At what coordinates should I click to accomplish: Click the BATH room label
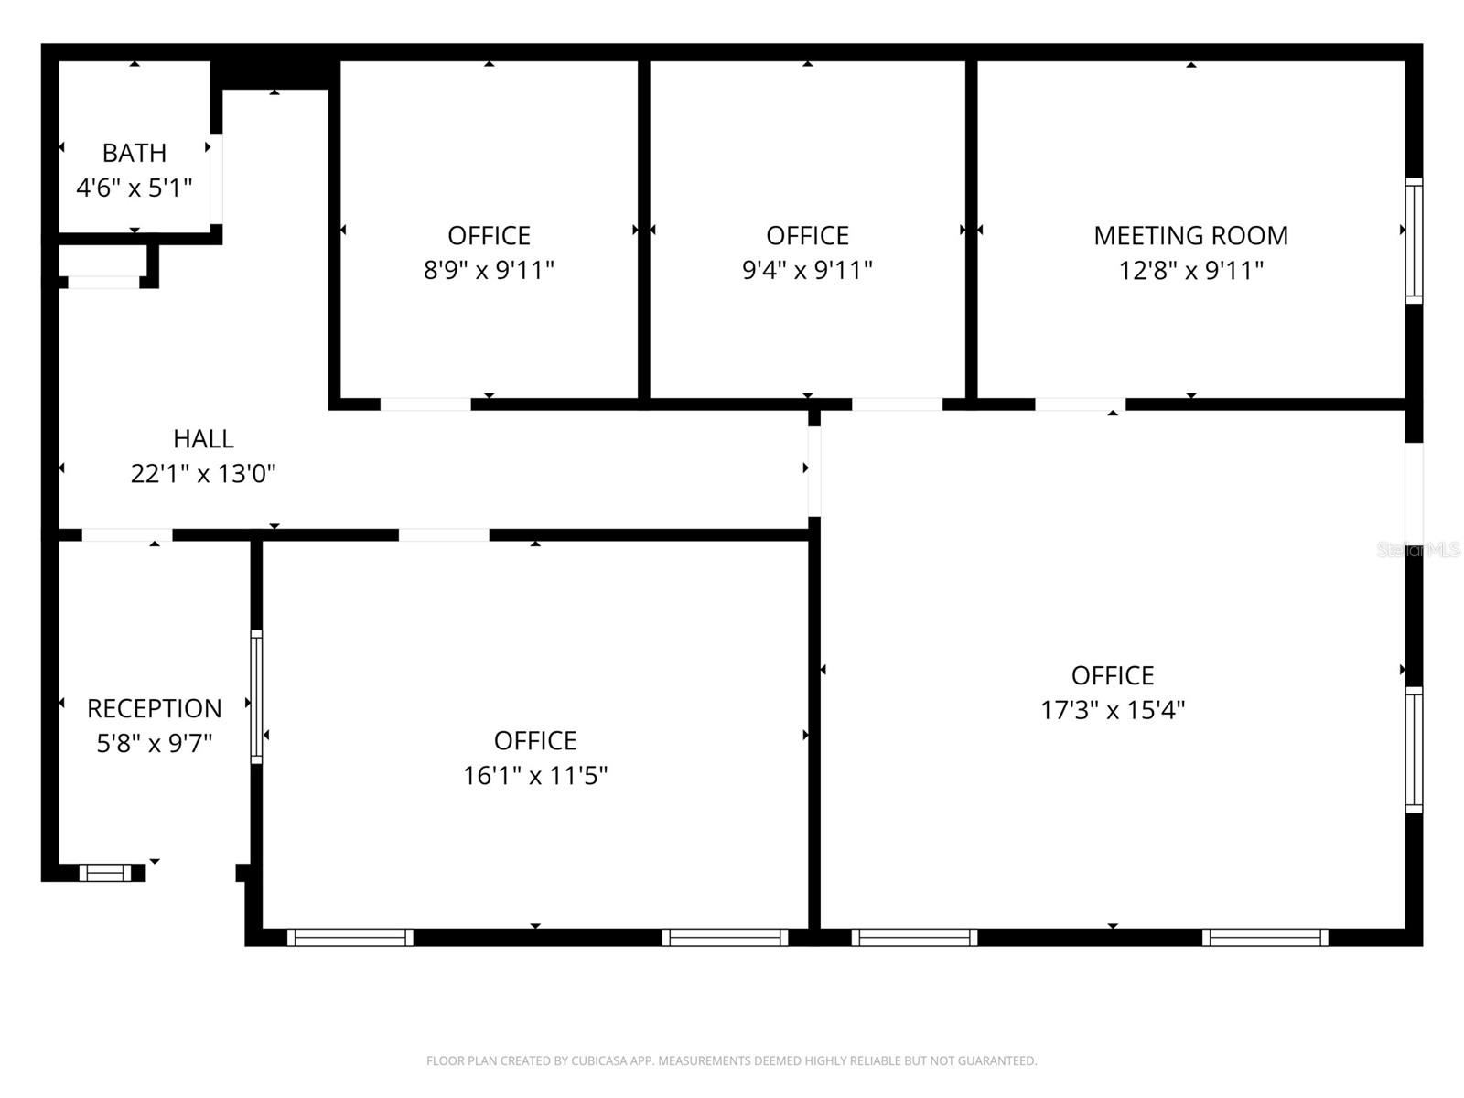[x=134, y=153]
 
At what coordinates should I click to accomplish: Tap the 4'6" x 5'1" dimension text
[x=134, y=188]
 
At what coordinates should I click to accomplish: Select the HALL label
[x=203, y=439]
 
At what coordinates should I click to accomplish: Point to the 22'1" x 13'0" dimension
[x=203, y=474]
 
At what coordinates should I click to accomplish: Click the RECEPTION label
[x=154, y=709]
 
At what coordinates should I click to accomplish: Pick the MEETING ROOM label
[x=1190, y=236]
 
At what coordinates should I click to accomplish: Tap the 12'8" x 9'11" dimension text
[x=1190, y=271]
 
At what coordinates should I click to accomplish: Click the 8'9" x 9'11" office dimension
[x=489, y=271]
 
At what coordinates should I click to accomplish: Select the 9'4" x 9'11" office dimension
[x=807, y=271]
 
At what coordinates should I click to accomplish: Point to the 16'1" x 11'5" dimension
[x=535, y=776]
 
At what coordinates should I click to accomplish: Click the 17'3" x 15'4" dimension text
[x=1112, y=710]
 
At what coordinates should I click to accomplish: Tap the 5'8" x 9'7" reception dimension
[x=154, y=743]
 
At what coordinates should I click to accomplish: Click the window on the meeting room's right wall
[x=1414, y=241]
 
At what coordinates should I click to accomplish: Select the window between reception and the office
[x=256, y=696]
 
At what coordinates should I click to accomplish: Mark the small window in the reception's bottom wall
[x=105, y=873]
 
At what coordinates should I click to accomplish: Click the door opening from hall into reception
[x=127, y=535]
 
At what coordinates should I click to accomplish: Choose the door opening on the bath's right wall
[x=217, y=179]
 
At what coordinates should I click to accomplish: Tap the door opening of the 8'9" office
[x=425, y=404]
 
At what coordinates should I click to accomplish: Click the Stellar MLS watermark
[x=1418, y=550]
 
